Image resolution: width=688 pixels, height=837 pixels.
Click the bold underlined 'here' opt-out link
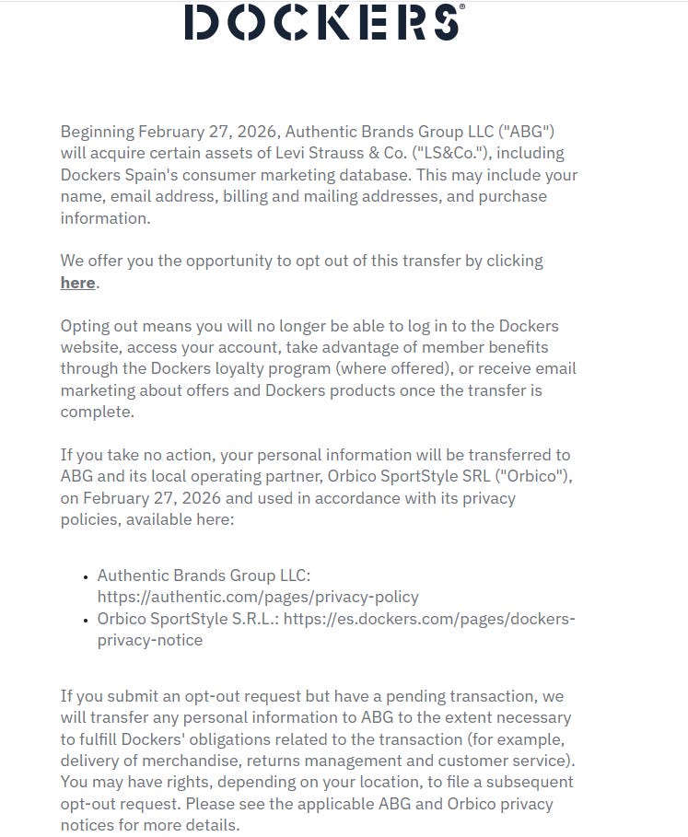coord(78,283)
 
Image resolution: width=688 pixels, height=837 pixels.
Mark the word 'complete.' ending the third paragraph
coord(98,412)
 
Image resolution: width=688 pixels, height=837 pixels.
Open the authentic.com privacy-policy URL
coord(258,597)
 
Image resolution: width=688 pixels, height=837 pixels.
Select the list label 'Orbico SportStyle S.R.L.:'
coord(188,619)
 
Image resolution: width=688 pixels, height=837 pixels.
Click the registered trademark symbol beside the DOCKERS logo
coord(461,6)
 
